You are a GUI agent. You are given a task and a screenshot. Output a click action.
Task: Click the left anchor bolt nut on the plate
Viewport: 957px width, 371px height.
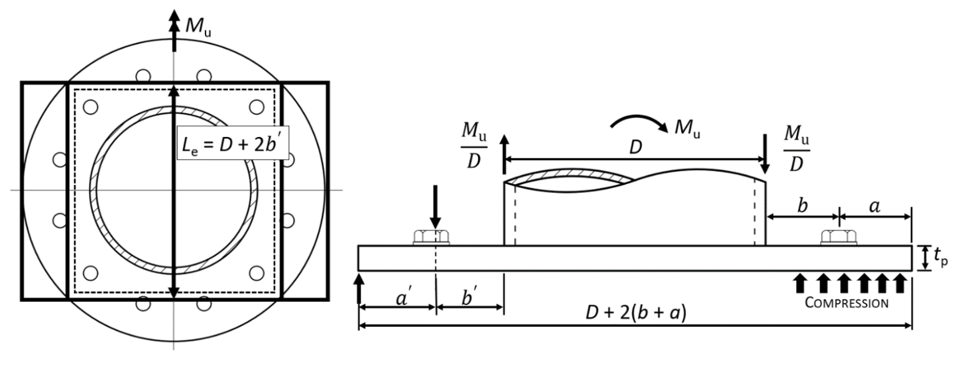(x=431, y=238)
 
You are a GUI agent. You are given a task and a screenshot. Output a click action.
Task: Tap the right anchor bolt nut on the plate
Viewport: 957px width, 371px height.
(x=839, y=238)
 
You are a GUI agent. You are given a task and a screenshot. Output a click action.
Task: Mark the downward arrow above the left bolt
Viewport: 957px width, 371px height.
(x=435, y=213)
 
